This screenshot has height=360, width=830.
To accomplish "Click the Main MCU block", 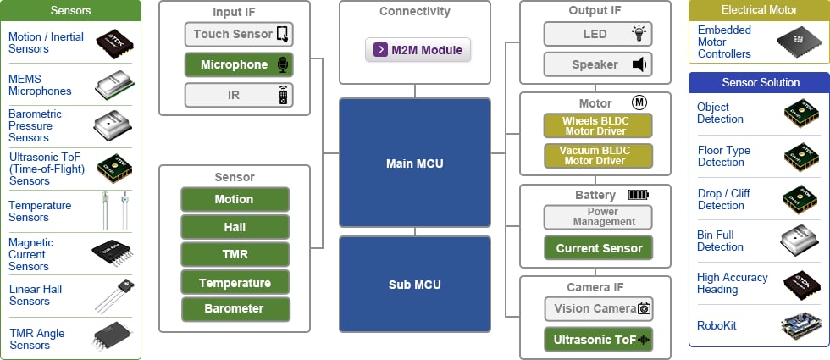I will [x=414, y=163].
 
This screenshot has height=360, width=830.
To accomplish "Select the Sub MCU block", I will [x=414, y=284].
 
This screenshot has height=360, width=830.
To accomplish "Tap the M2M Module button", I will [x=418, y=50].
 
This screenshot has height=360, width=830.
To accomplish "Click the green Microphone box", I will [x=239, y=64].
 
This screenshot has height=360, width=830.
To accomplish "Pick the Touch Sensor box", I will [x=239, y=34].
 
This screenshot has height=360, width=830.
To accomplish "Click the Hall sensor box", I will [x=235, y=227].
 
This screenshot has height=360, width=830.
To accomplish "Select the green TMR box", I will [x=235, y=254].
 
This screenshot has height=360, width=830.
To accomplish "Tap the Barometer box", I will [x=235, y=308].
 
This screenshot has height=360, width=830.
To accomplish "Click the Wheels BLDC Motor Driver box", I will [x=598, y=126].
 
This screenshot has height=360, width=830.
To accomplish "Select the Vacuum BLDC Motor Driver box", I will [x=598, y=156].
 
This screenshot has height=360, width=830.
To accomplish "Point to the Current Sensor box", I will [x=598, y=248].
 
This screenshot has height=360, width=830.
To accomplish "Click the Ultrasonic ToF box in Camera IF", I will [x=598, y=340].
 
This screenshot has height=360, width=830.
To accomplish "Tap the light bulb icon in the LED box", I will [x=639, y=34].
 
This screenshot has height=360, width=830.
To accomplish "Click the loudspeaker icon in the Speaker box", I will [x=639, y=64].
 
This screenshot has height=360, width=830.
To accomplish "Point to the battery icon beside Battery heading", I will [x=638, y=195].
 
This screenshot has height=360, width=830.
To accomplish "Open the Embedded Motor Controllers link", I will [x=724, y=42].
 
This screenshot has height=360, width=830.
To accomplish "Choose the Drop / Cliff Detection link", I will [x=723, y=199].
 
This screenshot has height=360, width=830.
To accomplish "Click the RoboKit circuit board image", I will [x=800, y=326].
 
